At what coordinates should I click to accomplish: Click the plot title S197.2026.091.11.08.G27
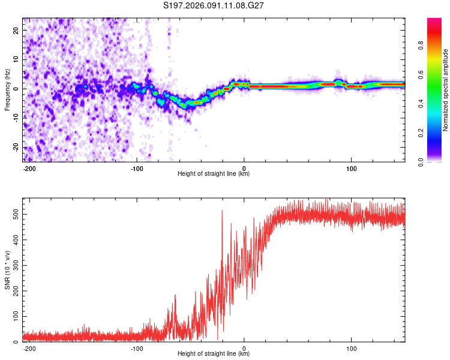214,5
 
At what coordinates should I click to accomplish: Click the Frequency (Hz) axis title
7,89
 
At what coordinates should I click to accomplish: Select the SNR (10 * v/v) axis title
7,270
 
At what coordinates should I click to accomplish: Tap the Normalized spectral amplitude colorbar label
445,89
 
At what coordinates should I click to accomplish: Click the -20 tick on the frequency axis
16,147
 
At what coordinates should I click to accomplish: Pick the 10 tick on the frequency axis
17,59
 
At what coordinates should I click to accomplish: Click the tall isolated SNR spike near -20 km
222,211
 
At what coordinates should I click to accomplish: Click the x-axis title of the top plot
214,174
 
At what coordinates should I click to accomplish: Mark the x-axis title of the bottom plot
214,354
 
